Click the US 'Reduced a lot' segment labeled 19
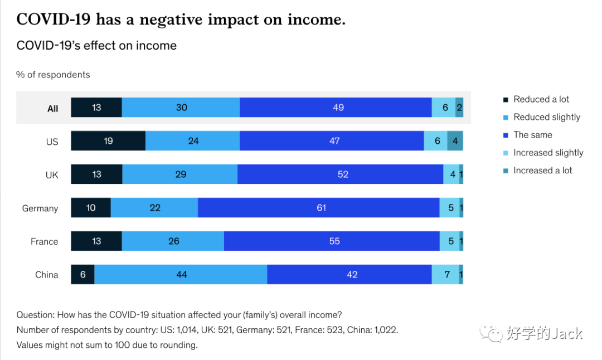108,141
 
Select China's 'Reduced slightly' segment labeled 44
181,274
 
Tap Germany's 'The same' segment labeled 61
321,208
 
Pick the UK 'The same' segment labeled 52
342,174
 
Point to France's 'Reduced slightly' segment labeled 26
173,241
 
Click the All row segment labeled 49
338,108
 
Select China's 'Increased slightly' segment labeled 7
446,274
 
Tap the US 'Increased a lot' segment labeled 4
455,141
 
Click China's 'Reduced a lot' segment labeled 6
82,274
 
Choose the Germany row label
40,208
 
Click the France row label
45,242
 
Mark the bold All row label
52,109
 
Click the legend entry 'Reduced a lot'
541,99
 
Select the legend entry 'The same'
533,135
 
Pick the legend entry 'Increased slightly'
548,153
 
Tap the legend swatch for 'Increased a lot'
506,171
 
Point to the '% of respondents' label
53,75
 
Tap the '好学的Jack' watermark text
545,333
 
